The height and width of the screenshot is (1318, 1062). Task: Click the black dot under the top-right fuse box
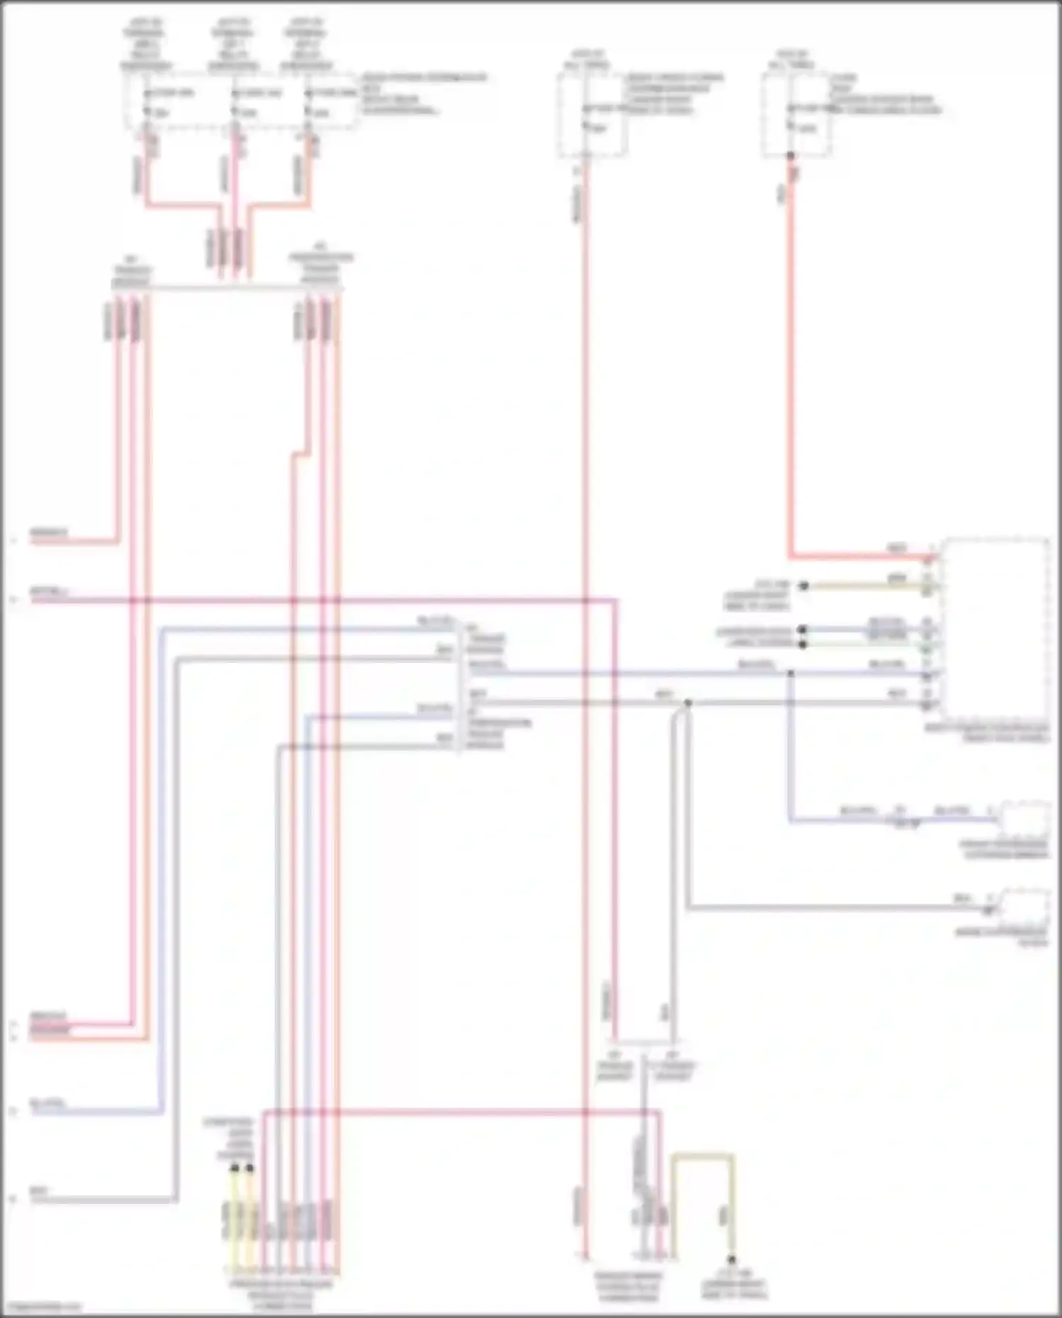click(x=791, y=155)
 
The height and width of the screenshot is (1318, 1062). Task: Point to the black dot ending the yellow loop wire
click(x=732, y=1259)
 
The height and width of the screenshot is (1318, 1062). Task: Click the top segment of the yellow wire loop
click(x=702, y=1156)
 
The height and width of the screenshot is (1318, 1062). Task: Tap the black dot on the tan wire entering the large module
click(x=804, y=586)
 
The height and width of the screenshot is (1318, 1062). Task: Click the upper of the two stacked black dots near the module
click(x=802, y=629)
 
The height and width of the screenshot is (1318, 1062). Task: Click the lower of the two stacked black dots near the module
click(x=802, y=644)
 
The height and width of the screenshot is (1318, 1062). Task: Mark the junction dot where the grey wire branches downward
click(x=687, y=703)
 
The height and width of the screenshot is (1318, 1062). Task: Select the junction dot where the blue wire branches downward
click(x=791, y=673)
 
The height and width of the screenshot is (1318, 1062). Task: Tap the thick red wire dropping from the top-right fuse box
click(x=791, y=354)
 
